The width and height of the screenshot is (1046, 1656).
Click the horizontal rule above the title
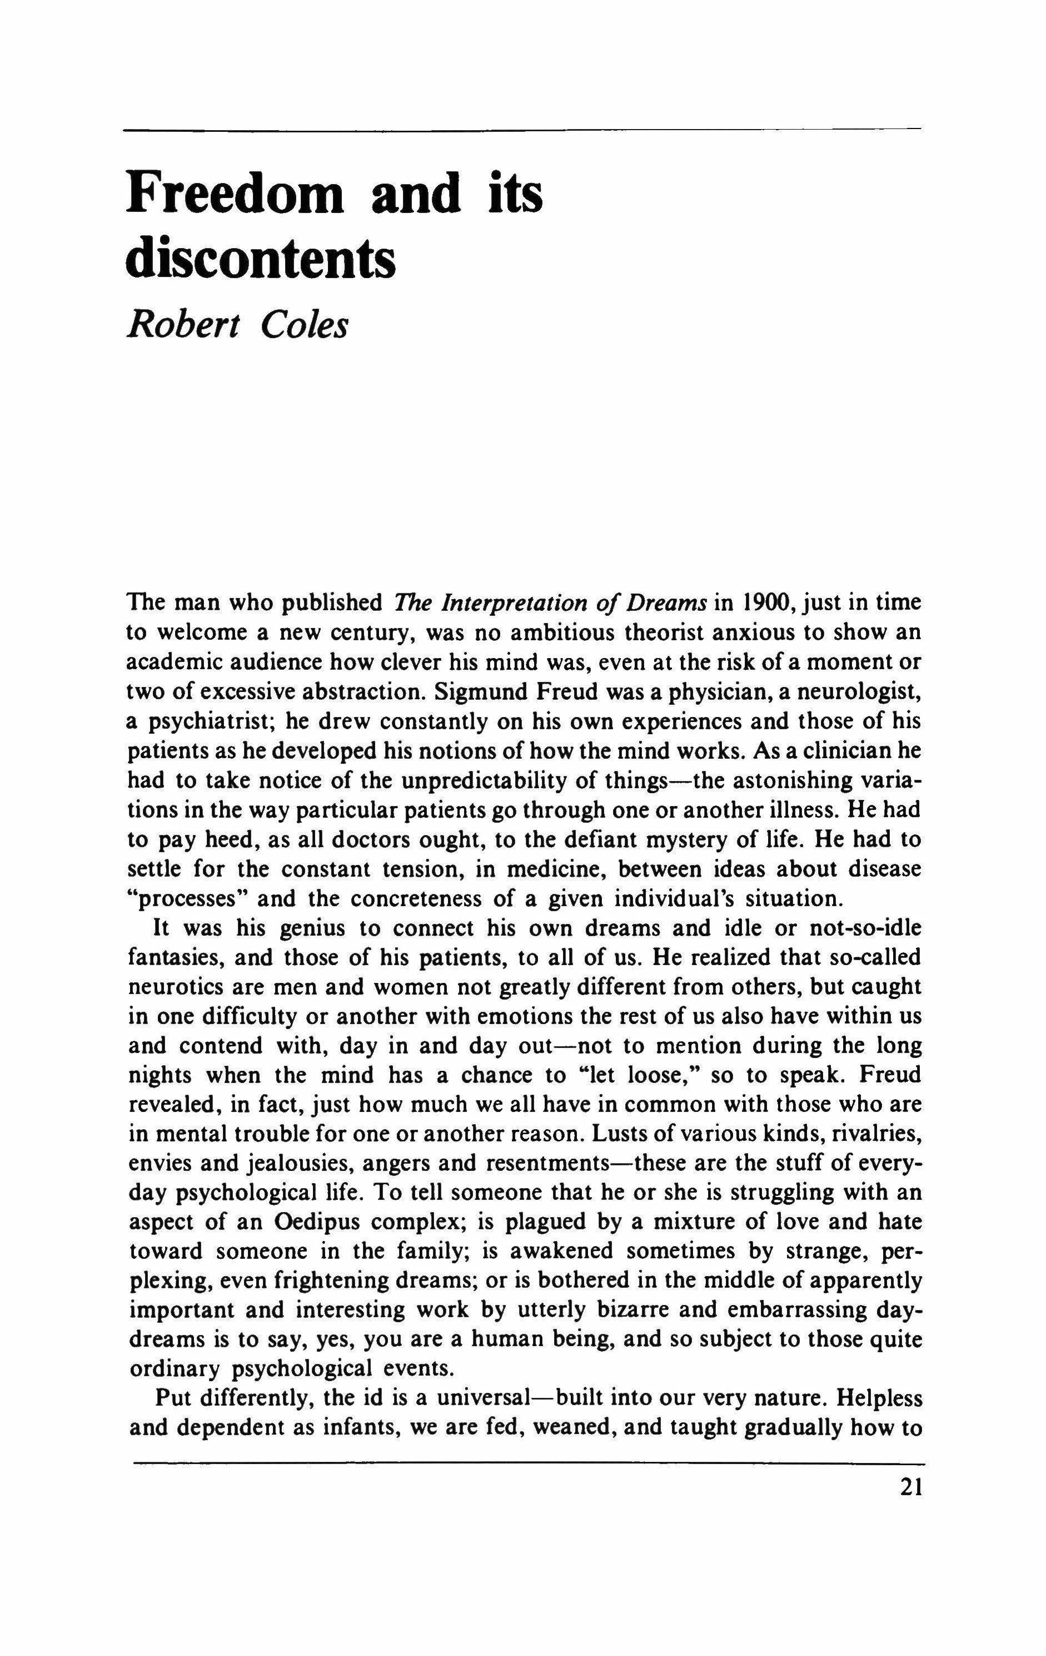point(522,129)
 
